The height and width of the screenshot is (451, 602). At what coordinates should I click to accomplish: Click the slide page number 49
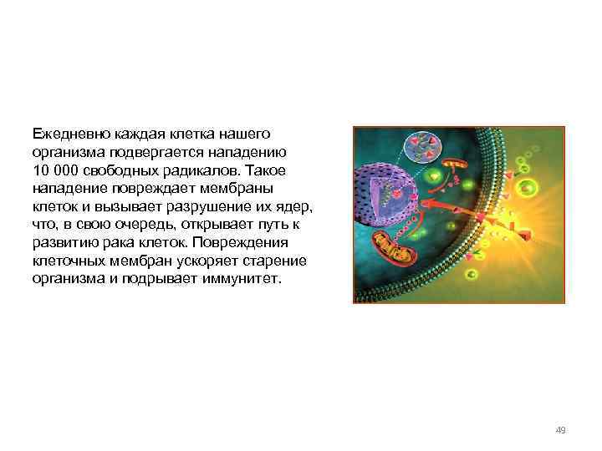tap(560, 430)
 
